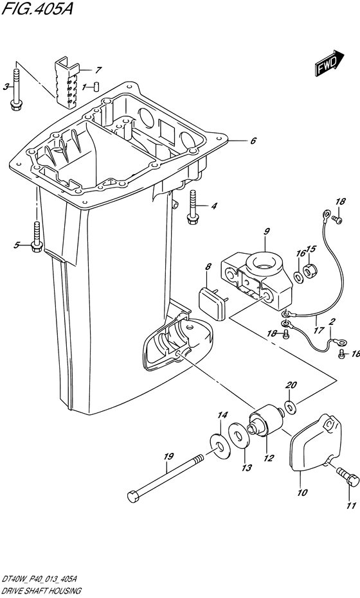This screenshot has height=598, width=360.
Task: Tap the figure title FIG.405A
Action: click(x=37, y=8)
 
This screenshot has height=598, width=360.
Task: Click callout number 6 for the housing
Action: click(x=253, y=141)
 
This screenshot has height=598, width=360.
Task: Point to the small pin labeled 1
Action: click(x=96, y=87)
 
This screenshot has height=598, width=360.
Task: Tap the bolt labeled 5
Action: click(x=37, y=237)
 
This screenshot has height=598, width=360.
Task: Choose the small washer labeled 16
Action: click(x=299, y=275)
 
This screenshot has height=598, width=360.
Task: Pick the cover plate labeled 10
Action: click(x=316, y=443)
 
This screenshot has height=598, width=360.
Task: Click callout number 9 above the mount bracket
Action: click(x=267, y=231)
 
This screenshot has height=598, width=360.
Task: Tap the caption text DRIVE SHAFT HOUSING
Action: click(x=41, y=591)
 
